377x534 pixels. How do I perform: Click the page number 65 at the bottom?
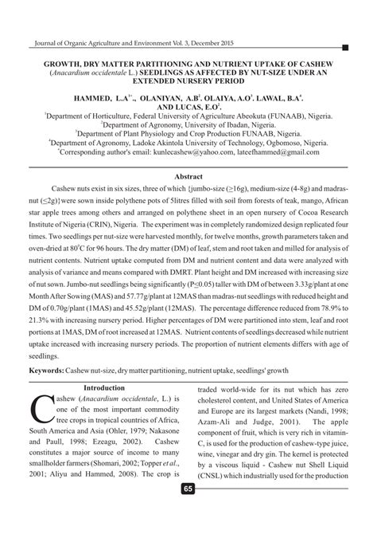coord(188,510)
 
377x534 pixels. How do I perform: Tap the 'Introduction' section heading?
coord(110,387)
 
